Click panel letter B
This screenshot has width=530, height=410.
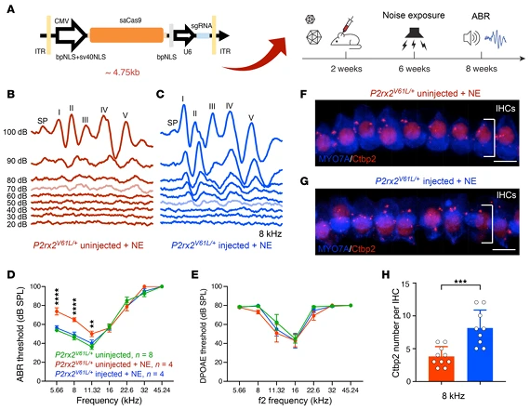pyautogui.click(x=8, y=95)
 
